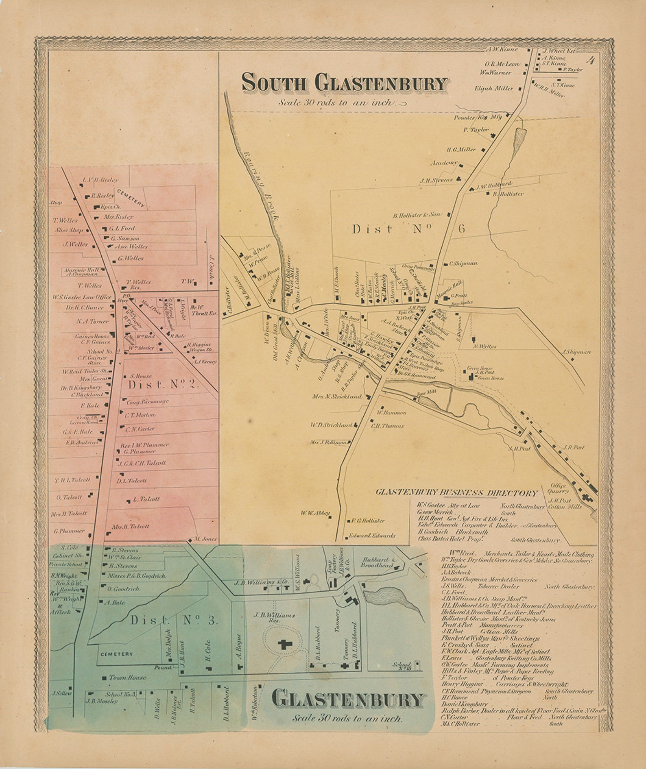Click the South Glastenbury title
[344, 83]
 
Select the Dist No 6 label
[408, 229]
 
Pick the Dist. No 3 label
[174, 620]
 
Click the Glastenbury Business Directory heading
[456, 493]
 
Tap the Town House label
[127, 678]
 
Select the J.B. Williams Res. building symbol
[283, 644]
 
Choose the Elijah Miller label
[493, 88]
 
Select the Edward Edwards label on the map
[372, 536]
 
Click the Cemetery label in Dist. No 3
[116, 654]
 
